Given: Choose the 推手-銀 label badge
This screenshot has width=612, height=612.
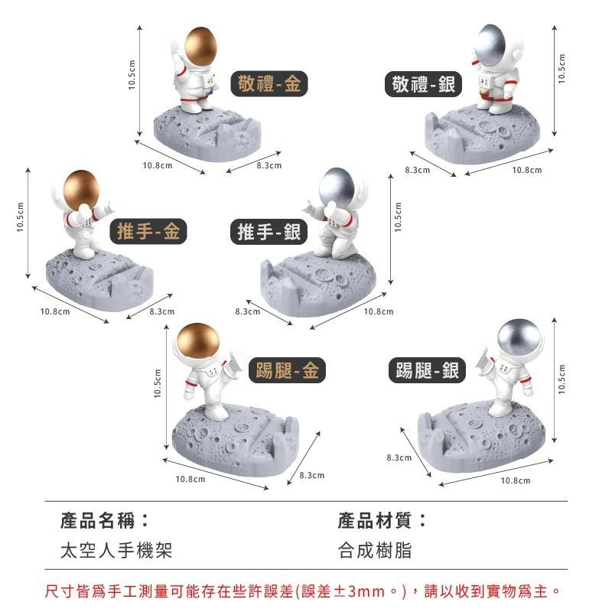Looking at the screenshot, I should point(269,231).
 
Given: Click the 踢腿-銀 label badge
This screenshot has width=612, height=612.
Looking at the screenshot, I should point(428,371).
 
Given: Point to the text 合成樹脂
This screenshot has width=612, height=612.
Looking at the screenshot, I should point(375,551).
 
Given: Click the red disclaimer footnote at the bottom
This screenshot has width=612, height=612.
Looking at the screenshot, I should point(304,591).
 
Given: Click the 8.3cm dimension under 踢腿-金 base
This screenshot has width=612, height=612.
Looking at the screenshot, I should point(311,475).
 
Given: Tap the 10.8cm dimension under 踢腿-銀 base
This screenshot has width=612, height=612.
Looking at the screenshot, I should point(516,480).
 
